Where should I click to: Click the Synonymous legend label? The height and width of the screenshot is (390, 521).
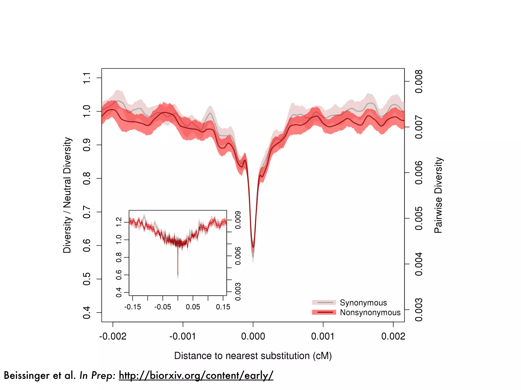point(363,303)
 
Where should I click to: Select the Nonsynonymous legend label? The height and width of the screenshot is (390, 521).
point(370,312)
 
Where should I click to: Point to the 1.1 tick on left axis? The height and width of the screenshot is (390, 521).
point(87,78)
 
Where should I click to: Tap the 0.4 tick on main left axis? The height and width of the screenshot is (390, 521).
point(87,313)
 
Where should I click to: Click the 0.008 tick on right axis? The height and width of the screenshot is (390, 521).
point(418,81)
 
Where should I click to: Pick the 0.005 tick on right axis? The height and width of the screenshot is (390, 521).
point(418,218)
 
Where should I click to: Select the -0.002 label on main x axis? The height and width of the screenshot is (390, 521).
point(113,336)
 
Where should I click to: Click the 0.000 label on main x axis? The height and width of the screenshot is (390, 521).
point(253,336)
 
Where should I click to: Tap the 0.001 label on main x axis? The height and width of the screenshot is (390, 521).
point(323,336)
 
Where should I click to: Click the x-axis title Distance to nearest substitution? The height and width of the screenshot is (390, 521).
point(253,356)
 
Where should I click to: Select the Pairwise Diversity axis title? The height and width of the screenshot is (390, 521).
point(438,195)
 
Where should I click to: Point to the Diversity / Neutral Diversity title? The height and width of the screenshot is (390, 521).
point(67,195)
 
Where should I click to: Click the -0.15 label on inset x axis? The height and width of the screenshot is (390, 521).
point(133,307)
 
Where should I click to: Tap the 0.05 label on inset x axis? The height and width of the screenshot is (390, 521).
point(193,307)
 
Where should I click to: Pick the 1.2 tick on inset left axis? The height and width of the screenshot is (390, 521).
point(119,222)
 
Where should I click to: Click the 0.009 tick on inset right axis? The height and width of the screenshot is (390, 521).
point(238,220)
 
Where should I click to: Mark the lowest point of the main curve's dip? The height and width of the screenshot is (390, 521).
point(253,256)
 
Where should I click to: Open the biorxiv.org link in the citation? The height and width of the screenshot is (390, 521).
point(196,375)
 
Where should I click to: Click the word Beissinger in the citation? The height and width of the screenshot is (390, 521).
point(27,375)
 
